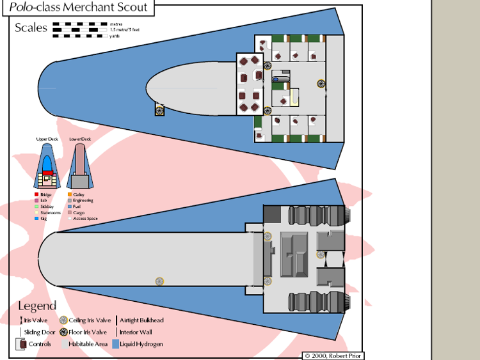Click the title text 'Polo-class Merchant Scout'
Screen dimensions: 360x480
(x=78, y=8)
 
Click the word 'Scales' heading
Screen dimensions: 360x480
(x=31, y=27)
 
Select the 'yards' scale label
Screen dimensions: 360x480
(x=115, y=36)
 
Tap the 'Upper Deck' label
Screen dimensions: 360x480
(x=46, y=139)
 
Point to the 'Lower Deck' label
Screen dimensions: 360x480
(x=80, y=139)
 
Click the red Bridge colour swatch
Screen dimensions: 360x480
(x=36, y=194)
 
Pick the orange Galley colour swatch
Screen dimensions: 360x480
(x=69, y=194)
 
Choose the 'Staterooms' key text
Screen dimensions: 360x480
(x=48, y=213)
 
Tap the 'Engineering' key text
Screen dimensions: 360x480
(x=83, y=201)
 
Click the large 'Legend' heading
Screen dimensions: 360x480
(x=37, y=306)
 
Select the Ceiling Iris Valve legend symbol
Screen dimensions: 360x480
(x=63, y=320)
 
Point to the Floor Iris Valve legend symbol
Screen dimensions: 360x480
(x=63, y=332)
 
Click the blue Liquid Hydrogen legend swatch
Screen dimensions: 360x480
(x=115, y=344)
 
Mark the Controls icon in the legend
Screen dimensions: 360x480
(x=22, y=344)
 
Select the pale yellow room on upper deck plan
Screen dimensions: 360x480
(x=295, y=97)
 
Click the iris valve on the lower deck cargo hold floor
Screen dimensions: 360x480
(x=159, y=281)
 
